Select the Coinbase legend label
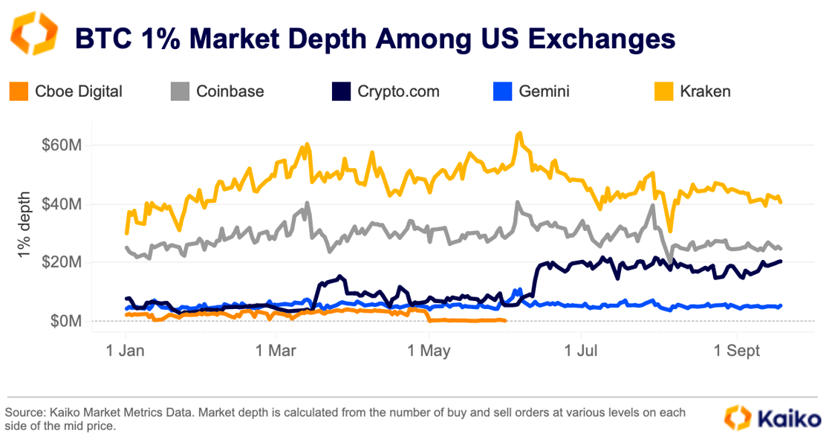click(x=230, y=91)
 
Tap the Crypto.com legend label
click(x=398, y=91)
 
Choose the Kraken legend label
click(x=705, y=91)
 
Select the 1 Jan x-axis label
click(x=125, y=350)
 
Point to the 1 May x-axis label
click(x=429, y=350)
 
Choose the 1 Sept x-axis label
click(x=737, y=350)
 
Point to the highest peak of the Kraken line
click(x=519, y=134)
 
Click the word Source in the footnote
click(x=25, y=412)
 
